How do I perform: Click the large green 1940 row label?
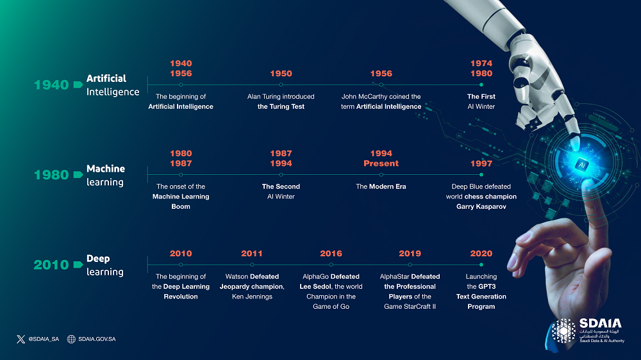[51, 85]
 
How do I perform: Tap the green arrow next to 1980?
[78, 175]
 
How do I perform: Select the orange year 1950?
[281, 74]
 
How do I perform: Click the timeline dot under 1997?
[481, 175]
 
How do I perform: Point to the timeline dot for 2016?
[331, 265]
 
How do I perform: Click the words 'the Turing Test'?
[281, 106]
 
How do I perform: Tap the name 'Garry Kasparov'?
[481, 207]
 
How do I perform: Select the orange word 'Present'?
[381, 163]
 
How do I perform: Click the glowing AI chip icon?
[581, 165]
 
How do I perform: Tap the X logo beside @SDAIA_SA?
[21, 339]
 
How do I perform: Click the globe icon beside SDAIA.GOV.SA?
[71, 339]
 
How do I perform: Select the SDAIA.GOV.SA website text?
[97, 339]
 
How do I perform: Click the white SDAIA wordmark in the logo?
[600, 323]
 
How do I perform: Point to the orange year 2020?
[481, 254]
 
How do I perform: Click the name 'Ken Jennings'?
[252, 297]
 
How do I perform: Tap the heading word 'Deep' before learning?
[98, 259]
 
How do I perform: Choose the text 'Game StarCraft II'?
[410, 307]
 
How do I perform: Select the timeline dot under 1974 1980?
[481, 85]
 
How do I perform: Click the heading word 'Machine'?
[106, 168]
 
